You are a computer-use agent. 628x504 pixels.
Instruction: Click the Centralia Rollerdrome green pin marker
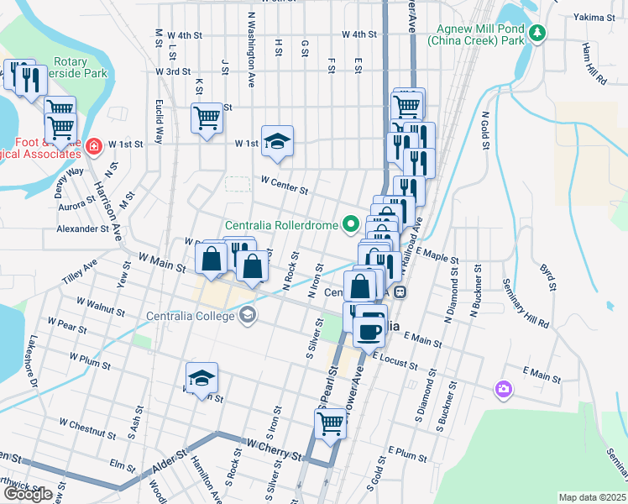(x=351, y=224)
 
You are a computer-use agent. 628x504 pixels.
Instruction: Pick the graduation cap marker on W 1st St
(x=275, y=141)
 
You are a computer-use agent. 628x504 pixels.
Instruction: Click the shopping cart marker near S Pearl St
(x=331, y=424)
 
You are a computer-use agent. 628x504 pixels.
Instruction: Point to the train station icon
(x=401, y=292)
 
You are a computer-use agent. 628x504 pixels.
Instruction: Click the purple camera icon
(x=504, y=388)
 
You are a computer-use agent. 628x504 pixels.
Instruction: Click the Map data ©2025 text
(x=592, y=497)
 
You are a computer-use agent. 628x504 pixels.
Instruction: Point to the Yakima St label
(x=596, y=17)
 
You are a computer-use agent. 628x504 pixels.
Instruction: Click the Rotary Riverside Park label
(x=80, y=67)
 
